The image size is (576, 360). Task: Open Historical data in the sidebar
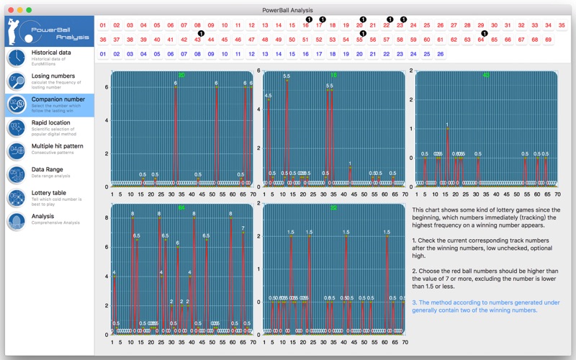[x=51, y=55]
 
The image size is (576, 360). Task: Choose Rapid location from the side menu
[x=51, y=125]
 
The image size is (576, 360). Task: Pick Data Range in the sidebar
[x=50, y=172]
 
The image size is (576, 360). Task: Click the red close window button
[x=9, y=10]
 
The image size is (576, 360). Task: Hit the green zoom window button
[x=29, y=10]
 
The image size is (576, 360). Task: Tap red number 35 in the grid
[x=562, y=25]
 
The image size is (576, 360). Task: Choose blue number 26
[x=440, y=54]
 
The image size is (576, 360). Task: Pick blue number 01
[x=103, y=54]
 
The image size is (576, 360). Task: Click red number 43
[x=197, y=40]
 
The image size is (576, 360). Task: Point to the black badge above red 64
[x=485, y=33]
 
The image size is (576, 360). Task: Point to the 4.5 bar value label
[x=269, y=95]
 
